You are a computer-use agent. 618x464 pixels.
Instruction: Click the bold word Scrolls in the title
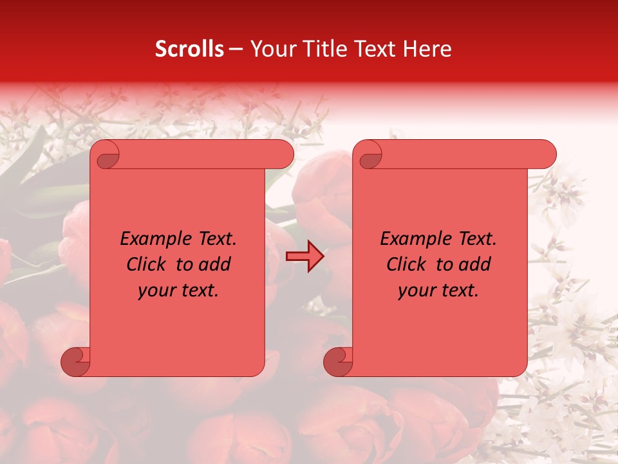[189, 49]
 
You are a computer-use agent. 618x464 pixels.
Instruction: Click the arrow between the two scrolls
[305, 256]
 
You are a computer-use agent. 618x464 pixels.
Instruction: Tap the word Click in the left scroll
[146, 264]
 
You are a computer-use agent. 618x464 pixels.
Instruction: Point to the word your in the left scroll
[156, 291]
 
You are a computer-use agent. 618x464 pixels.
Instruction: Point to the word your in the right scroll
[416, 291]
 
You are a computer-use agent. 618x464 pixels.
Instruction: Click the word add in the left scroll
[215, 264]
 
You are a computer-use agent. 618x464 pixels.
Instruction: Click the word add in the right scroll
[475, 264]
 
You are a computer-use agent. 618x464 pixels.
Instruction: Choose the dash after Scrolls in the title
[236, 50]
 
